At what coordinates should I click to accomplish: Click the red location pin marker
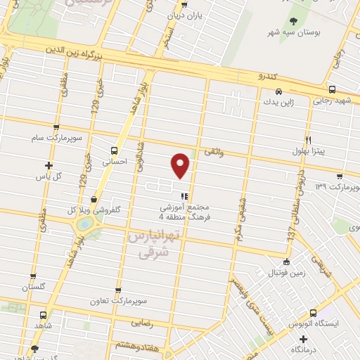pos(181,165)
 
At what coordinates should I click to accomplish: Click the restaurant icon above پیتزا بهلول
pos(308,140)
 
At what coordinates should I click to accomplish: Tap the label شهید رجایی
pos(332,101)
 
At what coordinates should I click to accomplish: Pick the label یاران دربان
pos(184,14)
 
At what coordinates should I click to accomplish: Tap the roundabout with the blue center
pos(84,224)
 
